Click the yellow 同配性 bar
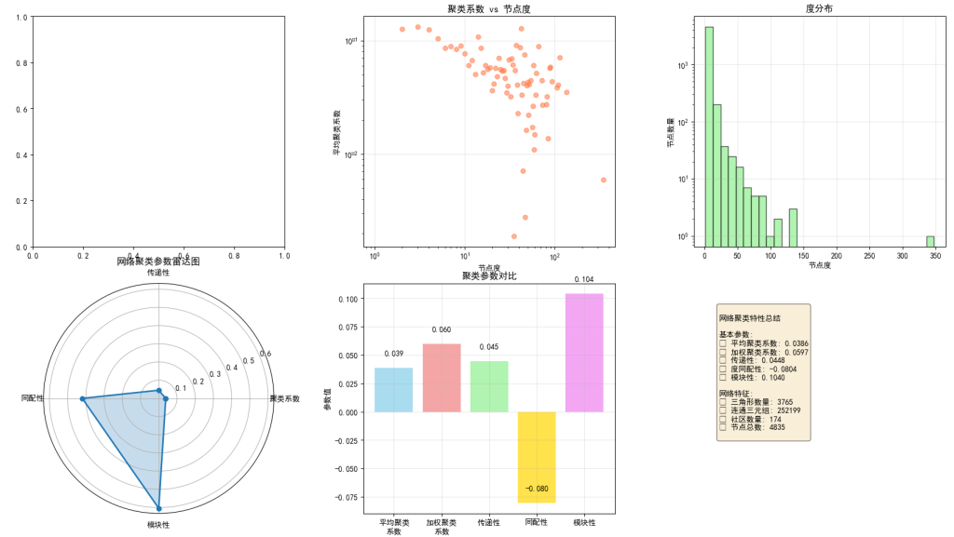click(537, 457)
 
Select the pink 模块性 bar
click(584, 353)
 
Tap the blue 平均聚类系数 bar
click(393, 390)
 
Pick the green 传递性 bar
click(489, 386)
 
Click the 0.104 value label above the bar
click(584, 279)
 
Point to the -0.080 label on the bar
click(537, 489)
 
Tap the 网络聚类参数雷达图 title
click(158, 262)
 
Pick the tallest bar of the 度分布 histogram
click(709, 136)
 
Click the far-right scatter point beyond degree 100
click(604, 180)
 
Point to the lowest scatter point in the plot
click(514, 236)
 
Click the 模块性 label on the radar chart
click(158, 526)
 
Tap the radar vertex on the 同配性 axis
click(83, 399)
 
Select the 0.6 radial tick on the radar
click(266, 354)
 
